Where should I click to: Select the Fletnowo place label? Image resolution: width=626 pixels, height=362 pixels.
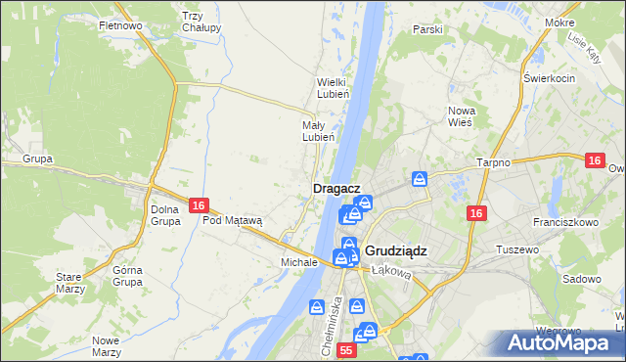pos(121,25)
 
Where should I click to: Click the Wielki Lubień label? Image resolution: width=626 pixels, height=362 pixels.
pos(327,89)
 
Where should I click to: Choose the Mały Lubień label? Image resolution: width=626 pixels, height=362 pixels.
pos(319,131)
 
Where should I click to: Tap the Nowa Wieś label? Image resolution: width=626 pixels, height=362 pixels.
pos(461,116)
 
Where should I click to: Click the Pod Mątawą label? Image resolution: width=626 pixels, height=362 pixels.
pos(233,221)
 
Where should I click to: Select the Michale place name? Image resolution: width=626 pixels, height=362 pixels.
pos(299,262)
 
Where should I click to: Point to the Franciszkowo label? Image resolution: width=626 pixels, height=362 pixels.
pos(567,222)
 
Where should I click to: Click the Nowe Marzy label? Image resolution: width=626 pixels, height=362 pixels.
pos(105,345)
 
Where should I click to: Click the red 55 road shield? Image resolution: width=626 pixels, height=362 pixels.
pos(346,349)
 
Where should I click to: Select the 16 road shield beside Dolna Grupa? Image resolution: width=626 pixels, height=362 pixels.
pos(199,205)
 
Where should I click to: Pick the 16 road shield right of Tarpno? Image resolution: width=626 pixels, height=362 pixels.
pos(595,159)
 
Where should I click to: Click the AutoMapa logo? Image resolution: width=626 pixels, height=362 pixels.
pos(560,342)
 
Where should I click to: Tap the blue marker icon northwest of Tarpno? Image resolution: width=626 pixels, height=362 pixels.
pos(420,179)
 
